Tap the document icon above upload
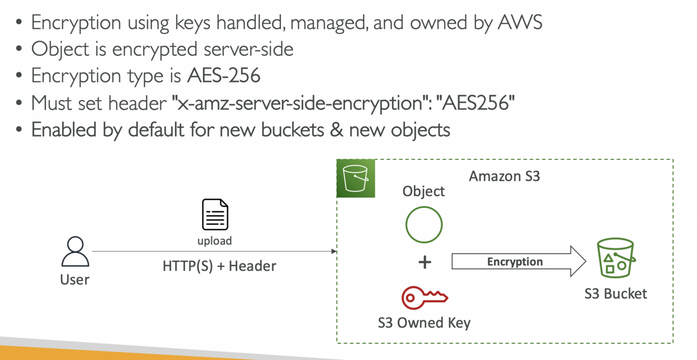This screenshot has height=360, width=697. (215, 215)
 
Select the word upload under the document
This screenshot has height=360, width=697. (214, 241)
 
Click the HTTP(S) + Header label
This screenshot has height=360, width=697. (219, 266)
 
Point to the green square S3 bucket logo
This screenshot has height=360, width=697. (356, 178)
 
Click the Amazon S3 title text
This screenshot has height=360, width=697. (504, 176)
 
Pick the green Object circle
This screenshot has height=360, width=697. (424, 225)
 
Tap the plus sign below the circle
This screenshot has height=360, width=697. (425, 262)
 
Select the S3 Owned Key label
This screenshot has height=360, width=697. (424, 323)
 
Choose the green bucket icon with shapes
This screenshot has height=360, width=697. (615, 258)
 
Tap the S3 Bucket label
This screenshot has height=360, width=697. (615, 294)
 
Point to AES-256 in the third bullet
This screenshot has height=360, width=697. (224, 76)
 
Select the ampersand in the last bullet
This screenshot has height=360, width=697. (336, 129)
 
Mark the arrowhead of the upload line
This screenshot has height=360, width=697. (334, 251)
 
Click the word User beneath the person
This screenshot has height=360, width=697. (75, 280)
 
